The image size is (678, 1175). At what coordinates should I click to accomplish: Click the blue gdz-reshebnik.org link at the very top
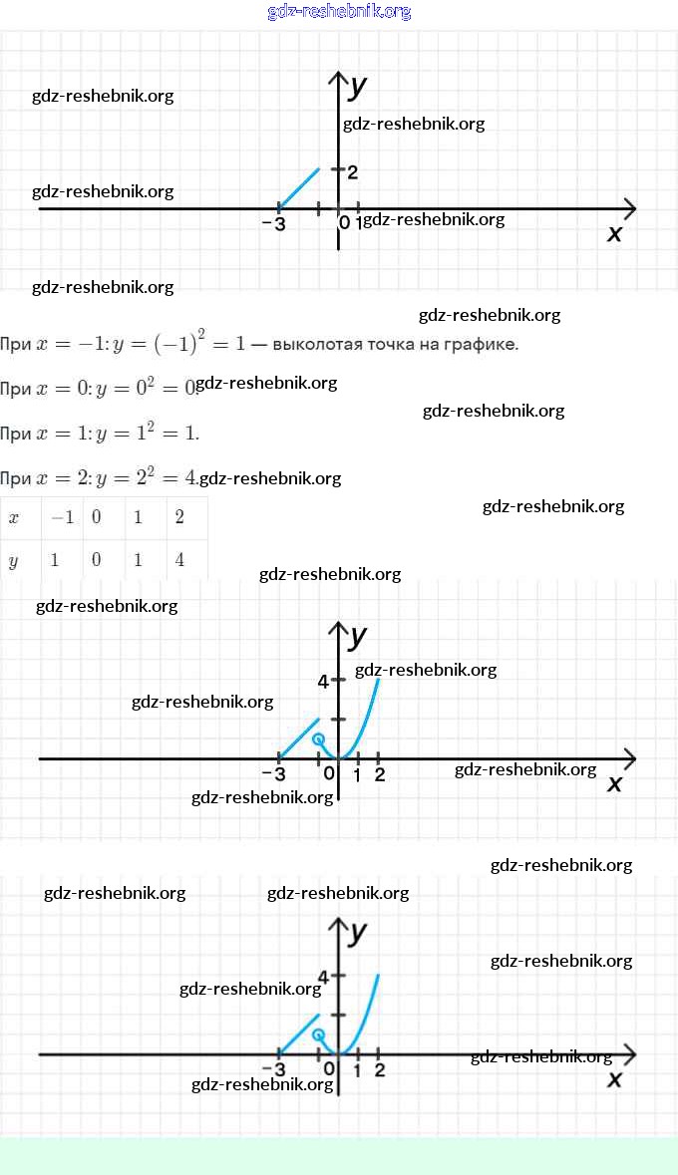click(339, 12)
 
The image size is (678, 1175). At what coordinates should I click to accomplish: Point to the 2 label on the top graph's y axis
click(353, 172)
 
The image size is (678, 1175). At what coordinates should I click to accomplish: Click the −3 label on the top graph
click(273, 224)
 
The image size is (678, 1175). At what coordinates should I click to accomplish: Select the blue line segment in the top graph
click(298, 188)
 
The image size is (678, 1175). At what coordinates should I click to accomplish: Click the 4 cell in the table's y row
click(179, 560)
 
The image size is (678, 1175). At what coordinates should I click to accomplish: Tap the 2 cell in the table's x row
click(179, 518)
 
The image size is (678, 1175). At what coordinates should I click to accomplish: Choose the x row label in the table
click(13, 518)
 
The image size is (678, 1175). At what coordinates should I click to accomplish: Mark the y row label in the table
click(13, 560)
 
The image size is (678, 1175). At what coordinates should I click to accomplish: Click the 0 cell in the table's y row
click(96, 560)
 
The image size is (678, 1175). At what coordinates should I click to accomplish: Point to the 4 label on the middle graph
click(323, 682)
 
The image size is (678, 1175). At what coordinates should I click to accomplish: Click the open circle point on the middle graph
click(318, 739)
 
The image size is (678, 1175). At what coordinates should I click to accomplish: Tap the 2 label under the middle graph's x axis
click(379, 775)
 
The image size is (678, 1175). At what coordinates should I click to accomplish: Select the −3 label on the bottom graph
click(273, 1070)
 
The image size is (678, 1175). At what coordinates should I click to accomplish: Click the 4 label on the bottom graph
click(323, 977)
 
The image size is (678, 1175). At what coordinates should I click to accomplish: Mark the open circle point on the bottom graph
click(318, 1034)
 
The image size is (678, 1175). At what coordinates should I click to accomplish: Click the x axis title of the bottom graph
click(614, 1079)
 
